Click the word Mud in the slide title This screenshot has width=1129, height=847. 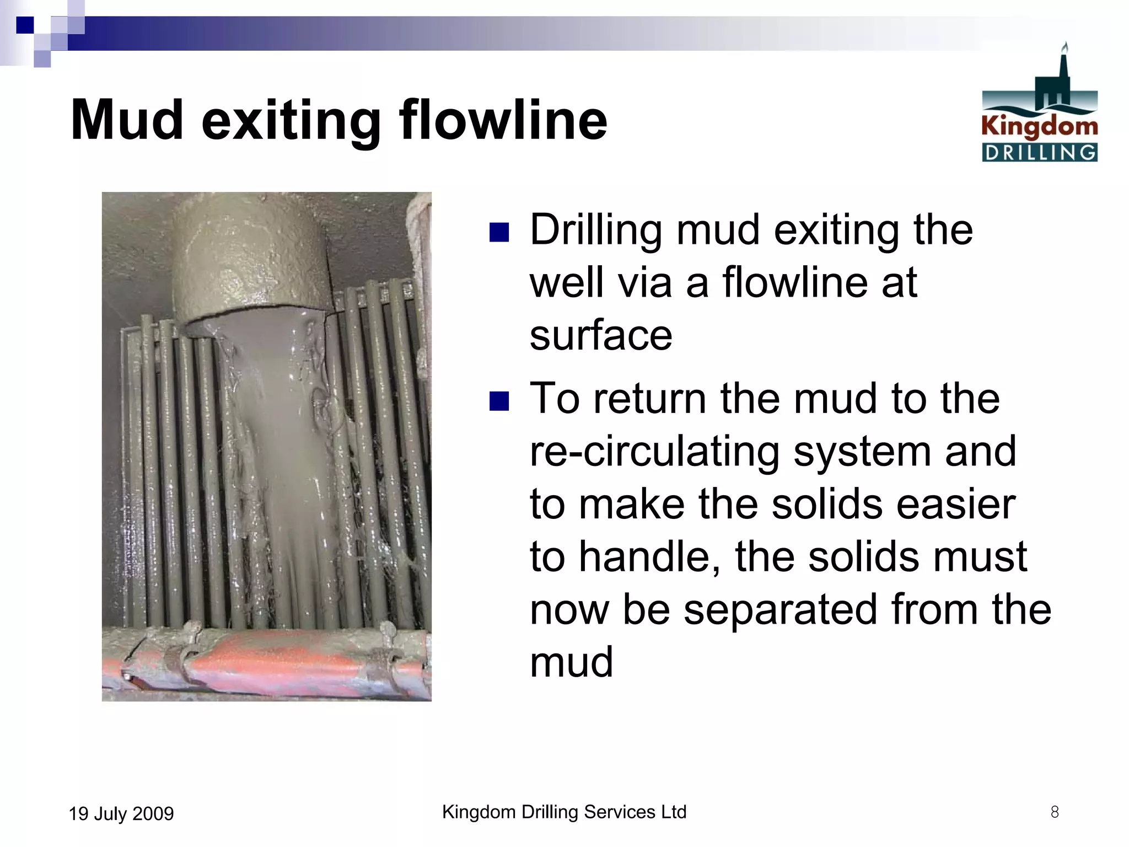pos(127,120)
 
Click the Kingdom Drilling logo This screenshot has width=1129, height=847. pos(1039,105)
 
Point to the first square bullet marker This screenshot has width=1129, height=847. pos(499,232)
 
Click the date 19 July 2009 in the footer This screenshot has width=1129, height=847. pos(121,813)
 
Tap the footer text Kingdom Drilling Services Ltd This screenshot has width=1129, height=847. pos(564,812)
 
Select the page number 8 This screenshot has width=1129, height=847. pos(1054,812)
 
